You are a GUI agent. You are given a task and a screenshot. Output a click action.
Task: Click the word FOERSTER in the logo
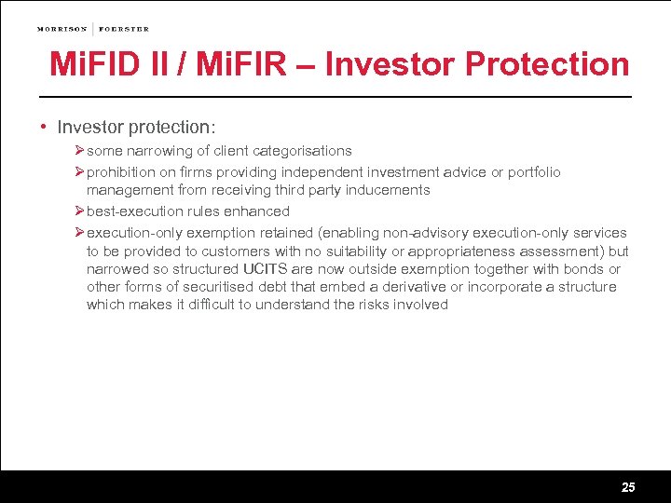(x=123, y=29)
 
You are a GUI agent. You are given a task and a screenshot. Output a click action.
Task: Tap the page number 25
(x=628, y=487)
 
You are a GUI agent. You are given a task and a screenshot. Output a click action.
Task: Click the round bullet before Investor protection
(x=44, y=127)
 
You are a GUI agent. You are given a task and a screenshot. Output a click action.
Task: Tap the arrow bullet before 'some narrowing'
(x=79, y=150)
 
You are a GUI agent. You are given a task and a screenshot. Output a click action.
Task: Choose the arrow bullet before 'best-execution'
(x=79, y=211)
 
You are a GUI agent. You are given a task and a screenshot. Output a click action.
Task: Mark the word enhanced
(x=258, y=211)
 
